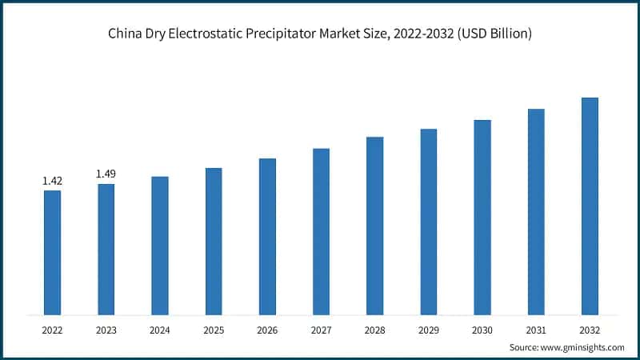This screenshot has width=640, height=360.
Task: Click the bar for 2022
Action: click(52, 252)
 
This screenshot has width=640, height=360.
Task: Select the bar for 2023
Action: click(106, 249)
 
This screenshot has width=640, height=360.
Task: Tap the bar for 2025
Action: click(214, 241)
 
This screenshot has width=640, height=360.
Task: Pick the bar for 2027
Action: click(321, 231)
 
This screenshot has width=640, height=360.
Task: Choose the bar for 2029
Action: click(428, 222)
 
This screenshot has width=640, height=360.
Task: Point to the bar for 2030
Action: click(482, 217)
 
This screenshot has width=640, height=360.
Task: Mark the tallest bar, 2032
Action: click(590, 206)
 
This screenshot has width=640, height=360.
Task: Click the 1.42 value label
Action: click(52, 181)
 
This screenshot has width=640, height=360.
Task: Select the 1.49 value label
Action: click(106, 174)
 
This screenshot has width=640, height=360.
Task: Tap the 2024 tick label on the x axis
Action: click(159, 329)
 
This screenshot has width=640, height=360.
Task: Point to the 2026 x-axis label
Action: click(267, 329)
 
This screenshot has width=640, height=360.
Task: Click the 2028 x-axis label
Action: click(374, 329)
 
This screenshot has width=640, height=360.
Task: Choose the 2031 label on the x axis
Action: click(536, 329)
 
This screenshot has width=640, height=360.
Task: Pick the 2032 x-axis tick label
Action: click(590, 329)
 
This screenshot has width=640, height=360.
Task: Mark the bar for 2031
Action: click(536, 211)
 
